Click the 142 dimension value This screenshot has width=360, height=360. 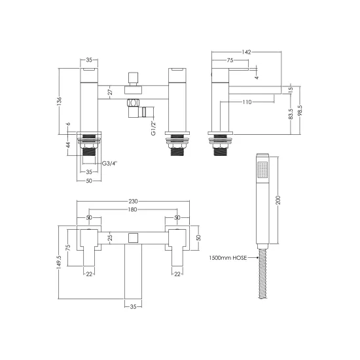246,52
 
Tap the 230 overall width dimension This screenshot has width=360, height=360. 133,201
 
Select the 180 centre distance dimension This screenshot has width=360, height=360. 133,209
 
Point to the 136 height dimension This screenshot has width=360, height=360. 60,101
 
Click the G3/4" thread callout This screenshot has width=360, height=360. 109,164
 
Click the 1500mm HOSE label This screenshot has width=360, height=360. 228,258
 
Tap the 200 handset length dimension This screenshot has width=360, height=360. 278,200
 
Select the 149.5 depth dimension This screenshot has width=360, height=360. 59,262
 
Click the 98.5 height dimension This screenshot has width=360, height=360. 300,110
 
